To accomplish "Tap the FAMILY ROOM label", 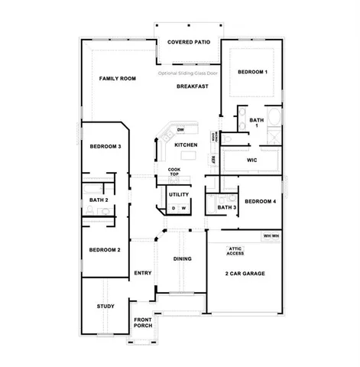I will [117, 79].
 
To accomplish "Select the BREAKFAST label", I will [193, 86].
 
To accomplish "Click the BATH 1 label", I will [256, 122].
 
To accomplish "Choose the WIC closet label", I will [251, 161].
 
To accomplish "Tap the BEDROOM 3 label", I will [105, 146].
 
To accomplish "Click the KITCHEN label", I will [186, 145].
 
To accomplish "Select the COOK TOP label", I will [174, 172].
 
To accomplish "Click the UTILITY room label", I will [178, 194].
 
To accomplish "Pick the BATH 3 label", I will [226, 207].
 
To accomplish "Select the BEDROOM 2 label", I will [105, 250].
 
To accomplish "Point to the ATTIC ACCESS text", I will [235, 250].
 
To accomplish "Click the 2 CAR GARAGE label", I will [245, 273].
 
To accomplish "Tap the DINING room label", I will [183, 259].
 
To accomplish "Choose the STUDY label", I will [105, 306].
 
